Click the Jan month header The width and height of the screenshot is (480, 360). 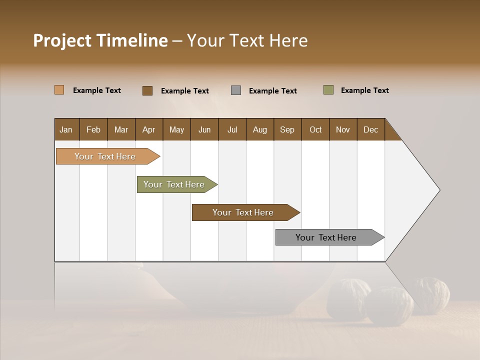(66, 129)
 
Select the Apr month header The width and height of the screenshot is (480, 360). (148, 129)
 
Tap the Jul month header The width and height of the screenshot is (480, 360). (232, 129)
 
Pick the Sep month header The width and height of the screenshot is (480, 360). (287, 129)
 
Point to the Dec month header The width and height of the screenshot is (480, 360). (370, 129)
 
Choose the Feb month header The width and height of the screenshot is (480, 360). (93, 129)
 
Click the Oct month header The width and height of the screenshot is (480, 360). (315, 129)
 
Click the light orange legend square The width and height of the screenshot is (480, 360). (59, 90)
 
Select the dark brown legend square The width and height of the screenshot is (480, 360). (147, 90)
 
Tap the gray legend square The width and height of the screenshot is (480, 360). (236, 90)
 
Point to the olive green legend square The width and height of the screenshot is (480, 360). (328, 90)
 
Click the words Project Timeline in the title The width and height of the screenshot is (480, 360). (100, 40)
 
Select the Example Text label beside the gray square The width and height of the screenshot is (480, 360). (273, 91)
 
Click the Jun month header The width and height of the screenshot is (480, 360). (204, 129)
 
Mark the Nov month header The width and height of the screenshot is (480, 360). (343, 129)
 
